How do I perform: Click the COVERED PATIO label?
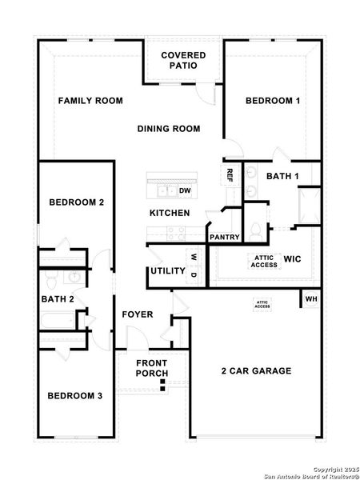point(183,60)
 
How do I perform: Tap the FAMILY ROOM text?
point(90,101)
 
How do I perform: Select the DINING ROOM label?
point(168,129)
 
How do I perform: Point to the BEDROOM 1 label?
point(273,101)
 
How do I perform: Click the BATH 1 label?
point(282,176)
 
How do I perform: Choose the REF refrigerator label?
point(230,174)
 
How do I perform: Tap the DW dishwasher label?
point(185,190)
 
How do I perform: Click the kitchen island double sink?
point(166,190)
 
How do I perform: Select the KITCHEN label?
point(170,213)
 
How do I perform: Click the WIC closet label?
point(291,259)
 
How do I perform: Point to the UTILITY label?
point(166,271)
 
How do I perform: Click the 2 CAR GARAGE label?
point(256,371)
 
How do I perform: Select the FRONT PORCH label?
point(151,368)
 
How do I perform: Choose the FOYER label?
point(138,314)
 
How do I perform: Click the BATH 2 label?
point(58,299)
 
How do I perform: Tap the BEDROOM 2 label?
point(77,202)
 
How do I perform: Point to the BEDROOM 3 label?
point(74,395)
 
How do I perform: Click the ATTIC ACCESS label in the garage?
point(262,304)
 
